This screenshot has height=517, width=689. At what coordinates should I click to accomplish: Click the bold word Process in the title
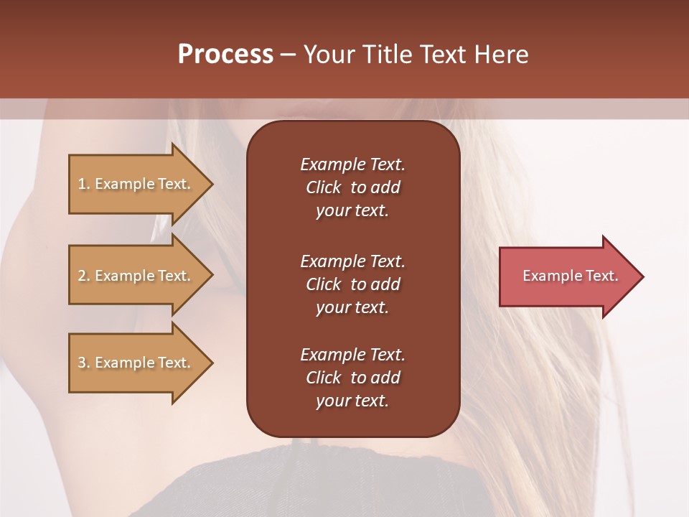click(225, 55)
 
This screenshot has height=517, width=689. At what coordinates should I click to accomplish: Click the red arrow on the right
click(567, 276)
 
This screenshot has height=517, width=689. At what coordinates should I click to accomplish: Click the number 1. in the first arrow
click(84, 184)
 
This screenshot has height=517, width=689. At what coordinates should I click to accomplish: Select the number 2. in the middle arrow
click(84, 276)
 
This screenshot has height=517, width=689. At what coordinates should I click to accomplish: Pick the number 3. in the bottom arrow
click(84, 363)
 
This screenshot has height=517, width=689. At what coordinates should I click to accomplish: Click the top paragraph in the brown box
click(352, 187)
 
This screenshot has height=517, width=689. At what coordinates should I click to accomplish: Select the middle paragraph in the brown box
click(352, 284)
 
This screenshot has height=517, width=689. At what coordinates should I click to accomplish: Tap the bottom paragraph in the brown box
click(352, 378)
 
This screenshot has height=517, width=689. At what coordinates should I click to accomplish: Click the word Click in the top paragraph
click(323, 187)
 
